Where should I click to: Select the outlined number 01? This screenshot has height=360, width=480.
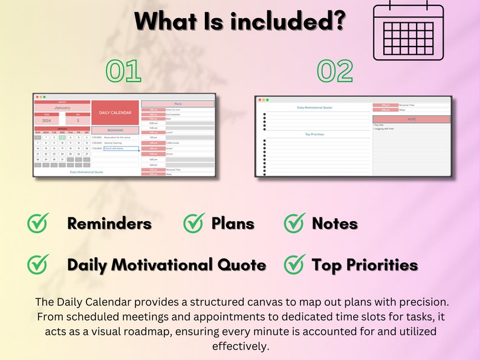123,71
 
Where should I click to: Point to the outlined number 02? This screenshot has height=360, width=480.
335,71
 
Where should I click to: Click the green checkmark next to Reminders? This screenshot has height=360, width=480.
38,223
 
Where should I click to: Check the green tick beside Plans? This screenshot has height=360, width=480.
193,223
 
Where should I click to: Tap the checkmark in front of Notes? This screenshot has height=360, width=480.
294,223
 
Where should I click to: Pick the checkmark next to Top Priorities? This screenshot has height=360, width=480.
294,264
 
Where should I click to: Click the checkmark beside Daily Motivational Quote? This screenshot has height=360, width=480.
38,264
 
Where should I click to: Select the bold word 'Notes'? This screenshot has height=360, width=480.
334,223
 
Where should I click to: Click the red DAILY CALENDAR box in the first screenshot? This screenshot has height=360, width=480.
115,113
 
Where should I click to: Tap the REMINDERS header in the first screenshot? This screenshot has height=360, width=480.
115,130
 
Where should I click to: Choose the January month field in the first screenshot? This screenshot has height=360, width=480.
62,108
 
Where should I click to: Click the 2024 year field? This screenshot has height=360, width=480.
47,120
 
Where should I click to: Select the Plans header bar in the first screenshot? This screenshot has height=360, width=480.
178,104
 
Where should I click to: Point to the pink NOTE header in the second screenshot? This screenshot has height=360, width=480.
412,119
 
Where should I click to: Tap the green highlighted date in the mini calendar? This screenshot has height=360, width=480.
62,138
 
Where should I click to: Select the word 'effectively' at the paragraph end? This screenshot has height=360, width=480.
239,346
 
